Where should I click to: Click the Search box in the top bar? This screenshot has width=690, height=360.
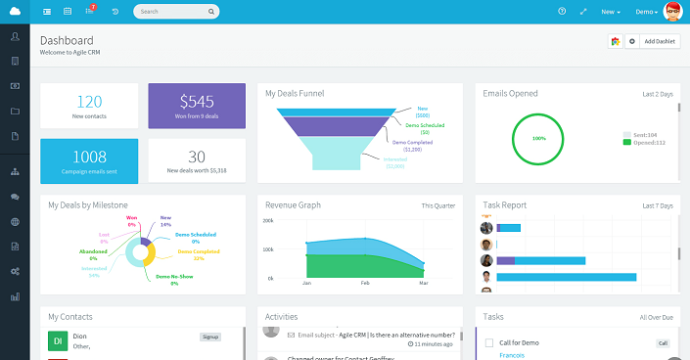[x=171, y=12]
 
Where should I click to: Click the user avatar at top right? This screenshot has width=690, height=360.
[x=673, y=12]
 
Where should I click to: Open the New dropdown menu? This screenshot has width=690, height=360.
[x=611, y=12]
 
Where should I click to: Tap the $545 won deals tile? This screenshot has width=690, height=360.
[x=197, y=106]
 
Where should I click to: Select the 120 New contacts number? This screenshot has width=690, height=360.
[x=89, y=101]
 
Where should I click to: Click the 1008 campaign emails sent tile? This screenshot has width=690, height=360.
[x=89, y=160]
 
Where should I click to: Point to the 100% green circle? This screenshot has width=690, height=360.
[x=538, y=139]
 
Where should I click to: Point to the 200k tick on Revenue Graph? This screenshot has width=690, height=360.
[x=267, y=221]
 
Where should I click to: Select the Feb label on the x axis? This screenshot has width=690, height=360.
[x=365, y=283]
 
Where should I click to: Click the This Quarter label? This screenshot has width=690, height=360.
[x=438, y=205]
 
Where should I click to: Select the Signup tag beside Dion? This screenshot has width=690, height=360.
[x=210, y=336]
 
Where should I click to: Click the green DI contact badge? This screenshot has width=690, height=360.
[x=57, y=341]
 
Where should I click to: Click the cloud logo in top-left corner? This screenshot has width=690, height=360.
[x=15, y=12]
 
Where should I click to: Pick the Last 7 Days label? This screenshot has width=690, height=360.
[x=658, y=205]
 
